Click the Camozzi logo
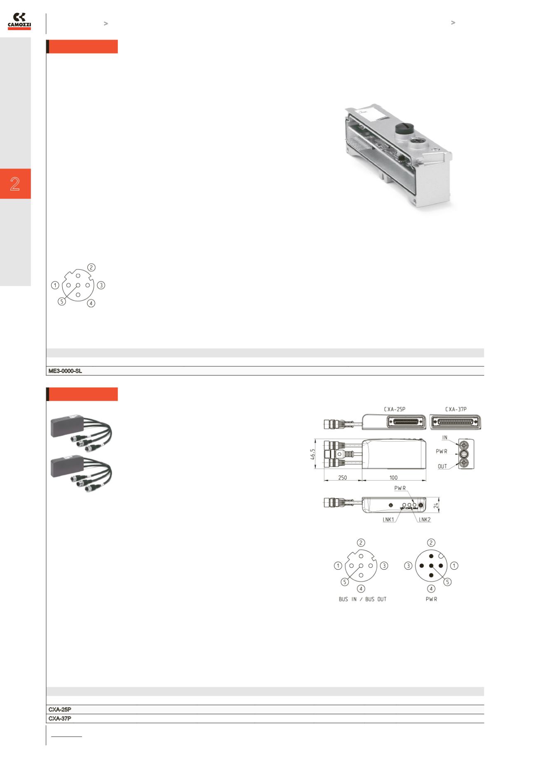pos(19,21)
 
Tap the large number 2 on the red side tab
pos(15,184)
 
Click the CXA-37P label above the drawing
pos(456,409)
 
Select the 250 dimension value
pos(343,478)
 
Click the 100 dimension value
pos(393,478)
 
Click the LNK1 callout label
pos(389,520)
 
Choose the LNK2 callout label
pos(425,520)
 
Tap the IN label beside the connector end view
pos(445,438)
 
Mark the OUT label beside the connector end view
pos(442,467)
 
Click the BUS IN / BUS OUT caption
pos(362,599)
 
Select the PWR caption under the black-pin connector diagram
pos(431,599)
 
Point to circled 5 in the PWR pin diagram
pos(447,582)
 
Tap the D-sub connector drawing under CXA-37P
pos(455,422)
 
